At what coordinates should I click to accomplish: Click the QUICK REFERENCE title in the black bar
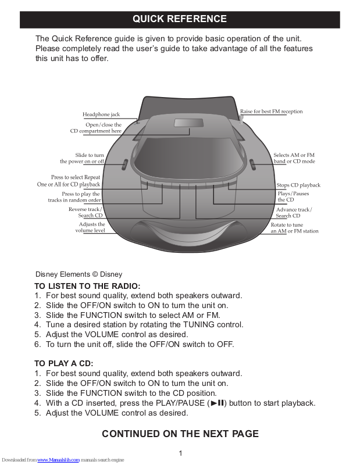tap(180, 19)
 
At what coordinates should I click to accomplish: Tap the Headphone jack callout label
tap(101, 115)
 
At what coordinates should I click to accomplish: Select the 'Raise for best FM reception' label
tap(272, 111)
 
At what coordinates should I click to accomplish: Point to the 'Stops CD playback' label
tap(298, 185)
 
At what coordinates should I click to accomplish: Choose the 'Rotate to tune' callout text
tap(294, 227)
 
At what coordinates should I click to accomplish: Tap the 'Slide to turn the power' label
tap(82, 158)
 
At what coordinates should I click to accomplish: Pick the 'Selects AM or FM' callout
tap(294, 158)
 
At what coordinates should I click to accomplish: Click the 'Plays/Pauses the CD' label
tap(293, 196)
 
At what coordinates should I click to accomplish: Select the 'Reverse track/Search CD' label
tap(85, 212)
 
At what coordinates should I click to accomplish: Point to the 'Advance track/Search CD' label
tap(293, 212)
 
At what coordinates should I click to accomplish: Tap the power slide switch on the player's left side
tap(124, 164)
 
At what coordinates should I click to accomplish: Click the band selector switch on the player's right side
tap(251, 164)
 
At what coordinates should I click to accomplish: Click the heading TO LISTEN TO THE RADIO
tap(87, 286)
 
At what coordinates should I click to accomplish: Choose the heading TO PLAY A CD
tap(64, 363)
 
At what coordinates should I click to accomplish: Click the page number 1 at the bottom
tap(181, 453)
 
